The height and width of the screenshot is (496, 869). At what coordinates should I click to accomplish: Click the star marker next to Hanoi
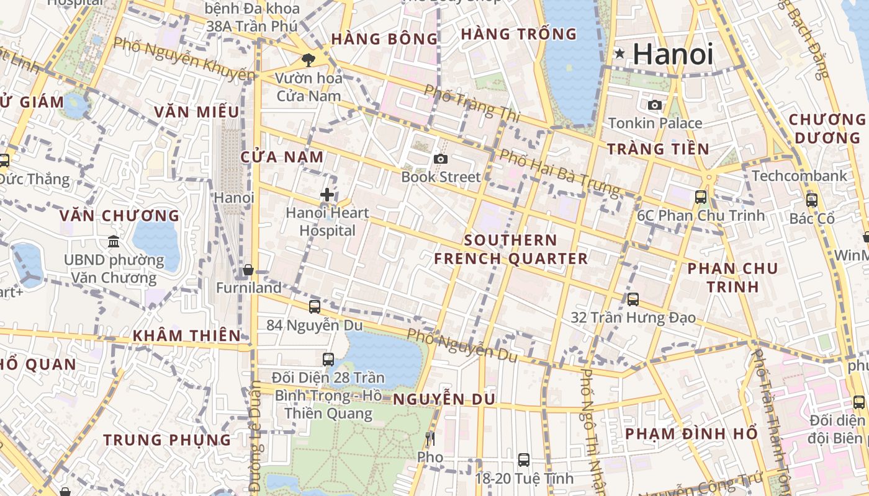pyautogui.click(x=619, y=54)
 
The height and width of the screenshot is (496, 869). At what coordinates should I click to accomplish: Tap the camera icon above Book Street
pyautogui.click(x=441, y=159)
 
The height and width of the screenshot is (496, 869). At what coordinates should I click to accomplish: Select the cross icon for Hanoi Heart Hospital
pyautogui.click(x=327, y=195)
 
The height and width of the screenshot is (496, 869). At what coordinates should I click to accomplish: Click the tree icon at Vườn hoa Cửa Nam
pyautogui.click(x=308, y=60)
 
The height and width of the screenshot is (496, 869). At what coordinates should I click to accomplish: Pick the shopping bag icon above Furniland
pyautogui.click(x=248, y=270)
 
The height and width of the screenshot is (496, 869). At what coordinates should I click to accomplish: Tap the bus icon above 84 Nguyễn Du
pyautogui.click(x=315, y=306)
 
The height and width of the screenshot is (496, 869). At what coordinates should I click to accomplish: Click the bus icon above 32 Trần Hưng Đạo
pyautogui.click(x=633, y=299)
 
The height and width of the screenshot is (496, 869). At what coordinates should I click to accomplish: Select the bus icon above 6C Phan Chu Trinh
pyautogui.click(x=701, y=197)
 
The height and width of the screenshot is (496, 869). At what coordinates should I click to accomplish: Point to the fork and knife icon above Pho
pyautogui.click(x=430, y=440)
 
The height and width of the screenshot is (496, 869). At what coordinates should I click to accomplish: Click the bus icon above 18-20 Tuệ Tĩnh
pyautogui.click(x=524, y=460)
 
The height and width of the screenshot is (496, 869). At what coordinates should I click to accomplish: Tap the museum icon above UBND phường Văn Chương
pyautogui.click(x=114, y=241)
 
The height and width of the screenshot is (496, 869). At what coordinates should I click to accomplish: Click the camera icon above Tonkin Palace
pyautogui.click(x=654, y=105)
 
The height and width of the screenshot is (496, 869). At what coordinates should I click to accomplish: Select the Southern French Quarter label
pyautogui.click(x=510, y=249)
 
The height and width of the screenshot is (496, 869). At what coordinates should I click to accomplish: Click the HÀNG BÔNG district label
pyautogui.click(x=385, y=39)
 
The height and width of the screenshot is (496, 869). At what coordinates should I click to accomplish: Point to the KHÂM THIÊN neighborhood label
pyautogui.click(x=186, y=335)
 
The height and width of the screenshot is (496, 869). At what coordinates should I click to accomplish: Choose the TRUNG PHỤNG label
pyautogui.click(x=167, y=440)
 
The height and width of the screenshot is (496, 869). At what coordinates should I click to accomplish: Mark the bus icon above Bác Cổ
pyautogui.click(x=811, y=200)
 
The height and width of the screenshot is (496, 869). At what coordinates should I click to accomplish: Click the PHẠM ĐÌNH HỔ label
pyautogui.click(x=691, y=433)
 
